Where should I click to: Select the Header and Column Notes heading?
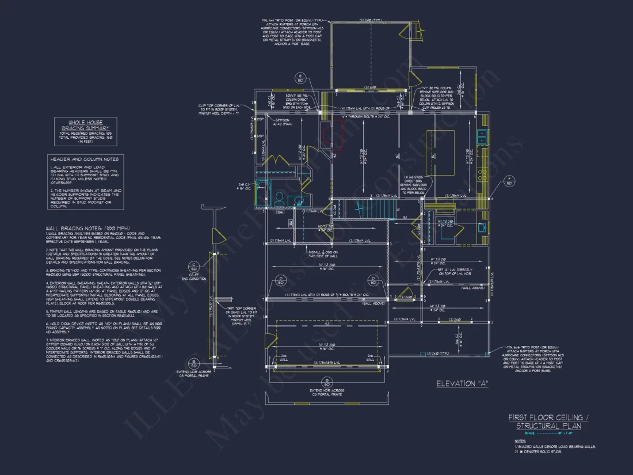[84, 159]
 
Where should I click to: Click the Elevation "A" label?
[462, 383]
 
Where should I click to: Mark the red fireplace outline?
[334, 138]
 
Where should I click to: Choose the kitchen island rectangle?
[440, 145]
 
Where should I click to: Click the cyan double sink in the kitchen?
[483, 136]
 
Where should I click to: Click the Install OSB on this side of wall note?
[323, 254]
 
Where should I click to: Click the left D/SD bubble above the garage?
[281, 280]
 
